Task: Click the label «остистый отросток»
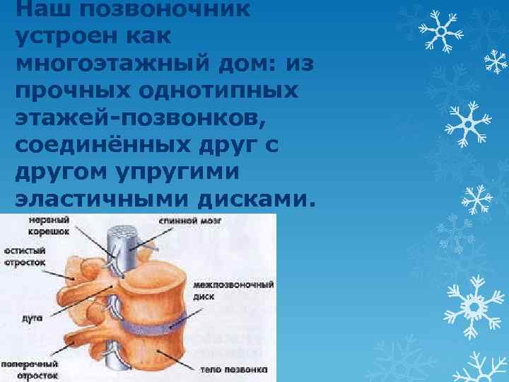[25, 256]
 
